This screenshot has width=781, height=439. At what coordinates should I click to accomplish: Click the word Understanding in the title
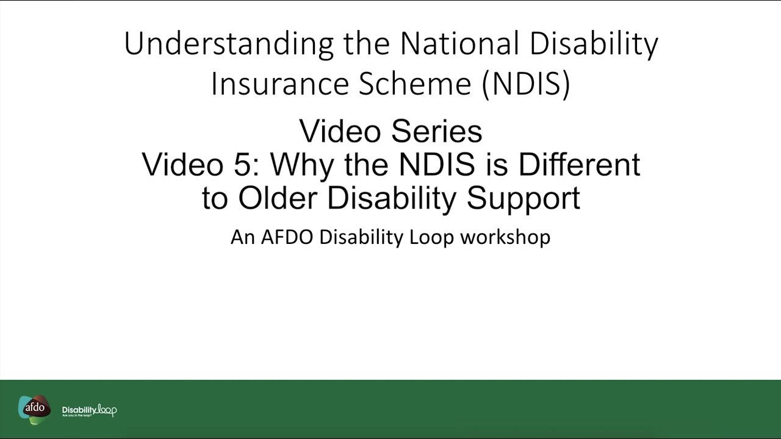pos(229,44)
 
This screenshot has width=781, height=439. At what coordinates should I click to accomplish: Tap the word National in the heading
pos(459,44)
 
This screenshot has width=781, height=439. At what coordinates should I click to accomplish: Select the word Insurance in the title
pos(280,84)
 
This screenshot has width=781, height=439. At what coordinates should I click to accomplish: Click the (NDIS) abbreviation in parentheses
pos(526,84)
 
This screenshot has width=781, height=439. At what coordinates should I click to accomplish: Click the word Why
pos(303,165)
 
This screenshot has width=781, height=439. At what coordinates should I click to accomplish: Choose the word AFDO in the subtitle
pos(287,237)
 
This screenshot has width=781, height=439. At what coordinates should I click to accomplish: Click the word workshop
pos(505,237)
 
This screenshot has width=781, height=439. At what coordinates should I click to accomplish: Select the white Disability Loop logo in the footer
pos(89,410)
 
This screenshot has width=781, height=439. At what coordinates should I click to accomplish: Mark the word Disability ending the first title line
pos(594,44)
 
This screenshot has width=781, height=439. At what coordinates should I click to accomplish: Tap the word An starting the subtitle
pos(242,237)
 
